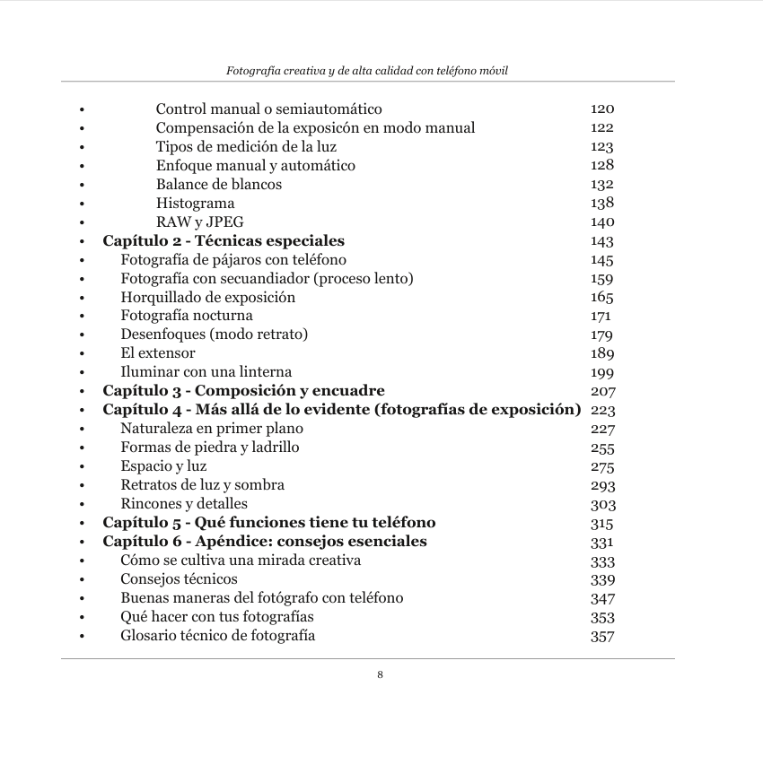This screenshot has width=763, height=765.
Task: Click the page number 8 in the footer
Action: (381, 674)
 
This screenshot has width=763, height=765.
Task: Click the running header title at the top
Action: (367, 70)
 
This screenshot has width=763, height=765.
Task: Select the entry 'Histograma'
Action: (195, 204)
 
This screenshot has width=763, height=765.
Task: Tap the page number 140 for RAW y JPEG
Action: (601, 222)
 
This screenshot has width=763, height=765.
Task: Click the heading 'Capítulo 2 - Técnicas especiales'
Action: (224, 241)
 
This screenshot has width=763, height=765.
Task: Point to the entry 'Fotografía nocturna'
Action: (187, 316)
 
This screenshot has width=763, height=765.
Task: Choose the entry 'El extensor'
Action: (158, 353)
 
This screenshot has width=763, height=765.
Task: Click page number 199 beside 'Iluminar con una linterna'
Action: (601, 372)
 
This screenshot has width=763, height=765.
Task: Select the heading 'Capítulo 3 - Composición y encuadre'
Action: (243, 391)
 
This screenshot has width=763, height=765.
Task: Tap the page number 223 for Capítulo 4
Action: (602, 410)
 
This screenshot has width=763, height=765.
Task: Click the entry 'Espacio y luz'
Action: (163, 466)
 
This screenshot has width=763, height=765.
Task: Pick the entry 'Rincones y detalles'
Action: (184, 504)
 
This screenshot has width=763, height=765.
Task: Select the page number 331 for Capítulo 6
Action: (601, 542)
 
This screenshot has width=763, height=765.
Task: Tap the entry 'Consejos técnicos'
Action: (180, 579)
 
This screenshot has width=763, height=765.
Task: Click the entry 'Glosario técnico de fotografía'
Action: (218, 636)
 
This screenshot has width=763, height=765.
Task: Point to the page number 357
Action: (601, 637)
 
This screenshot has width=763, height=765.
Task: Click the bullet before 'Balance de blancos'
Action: (82, 186)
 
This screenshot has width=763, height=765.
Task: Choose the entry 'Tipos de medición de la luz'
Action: (246, 147)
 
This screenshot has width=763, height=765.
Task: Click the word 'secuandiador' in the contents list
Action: (261, 279)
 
